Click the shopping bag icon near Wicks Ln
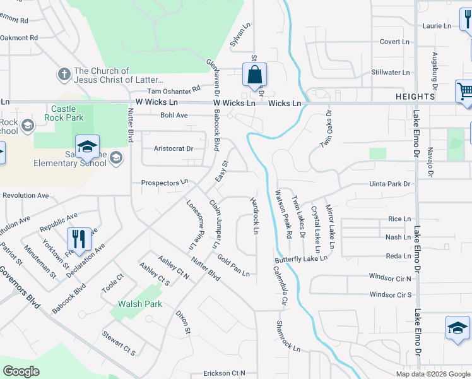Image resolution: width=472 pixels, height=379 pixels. pyautogui.click(x=254, y=75)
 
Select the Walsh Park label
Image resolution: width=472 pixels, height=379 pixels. pyautogui.click(x=140, y=304)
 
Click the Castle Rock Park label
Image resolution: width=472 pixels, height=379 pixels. pyautogui.click(x=64, y=114)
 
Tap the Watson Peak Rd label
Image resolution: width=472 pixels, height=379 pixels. pyautogui.click(x=283, y=214)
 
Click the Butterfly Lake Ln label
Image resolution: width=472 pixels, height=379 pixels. pyautogui.click(x=301, y=259)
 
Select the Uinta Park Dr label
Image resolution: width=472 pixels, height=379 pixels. pyautogui.click(x=390, y=184)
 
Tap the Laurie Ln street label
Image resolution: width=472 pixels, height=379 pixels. pyautogui.click(x=437, y=26)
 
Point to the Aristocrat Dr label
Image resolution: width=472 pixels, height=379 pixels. pyautogui.click(x=174, y=149)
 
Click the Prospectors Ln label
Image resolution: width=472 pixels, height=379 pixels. pyautogui.click(x=165, y=183)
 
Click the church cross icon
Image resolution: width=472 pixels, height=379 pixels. pyautogui.click(x=63, y=75)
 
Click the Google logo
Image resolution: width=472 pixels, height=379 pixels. pyautogui.click(x=21, y=371)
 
